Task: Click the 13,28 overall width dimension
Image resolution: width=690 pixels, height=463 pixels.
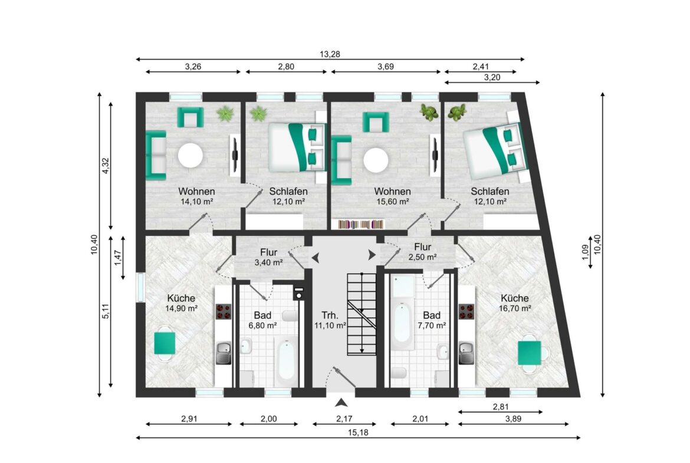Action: pyautogui.click(x=330, y=55)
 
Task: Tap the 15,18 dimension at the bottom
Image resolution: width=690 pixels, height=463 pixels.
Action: pyautogui.click(x=358, y=433)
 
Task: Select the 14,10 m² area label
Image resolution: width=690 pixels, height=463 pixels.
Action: pyautogui.click(x=197, y=202)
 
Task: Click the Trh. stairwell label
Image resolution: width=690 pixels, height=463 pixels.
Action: pyautogui.click(x=330, y=315)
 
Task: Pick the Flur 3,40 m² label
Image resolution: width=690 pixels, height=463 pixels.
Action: pyautogui.click(x=268, y=258)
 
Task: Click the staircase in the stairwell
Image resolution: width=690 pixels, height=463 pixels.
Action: pyautogui.click(x=362, y=314)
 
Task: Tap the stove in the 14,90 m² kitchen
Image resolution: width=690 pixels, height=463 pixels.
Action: pyautogui.click(x=224, y=311)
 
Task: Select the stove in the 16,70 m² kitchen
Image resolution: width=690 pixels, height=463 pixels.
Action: pyautogui.click(x=466, y=311)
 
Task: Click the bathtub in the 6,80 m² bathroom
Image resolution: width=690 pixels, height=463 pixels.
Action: pyautogui.click(x=286, y=361)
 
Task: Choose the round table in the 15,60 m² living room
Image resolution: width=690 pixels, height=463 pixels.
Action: pyautogui.click(x=376, y=160)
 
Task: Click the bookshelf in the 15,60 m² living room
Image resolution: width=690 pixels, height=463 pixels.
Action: pyautogui.click(x=361, y=225)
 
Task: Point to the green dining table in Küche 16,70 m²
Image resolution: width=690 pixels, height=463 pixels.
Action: pyautogui.click(x=530, y=353)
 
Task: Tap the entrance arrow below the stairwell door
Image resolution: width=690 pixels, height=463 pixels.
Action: pyautogui.click(x=341, y=402)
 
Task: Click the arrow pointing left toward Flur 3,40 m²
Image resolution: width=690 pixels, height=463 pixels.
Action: pyautogui.click(x=316, y=258)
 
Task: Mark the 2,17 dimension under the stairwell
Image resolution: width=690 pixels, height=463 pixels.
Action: pyautogui.click(x=344, y=419)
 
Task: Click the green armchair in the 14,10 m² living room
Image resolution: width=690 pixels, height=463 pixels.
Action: pyautogui.click(x=190, y=117)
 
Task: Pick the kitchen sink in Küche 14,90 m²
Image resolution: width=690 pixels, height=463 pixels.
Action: pyautogui.click(x=224, y=353)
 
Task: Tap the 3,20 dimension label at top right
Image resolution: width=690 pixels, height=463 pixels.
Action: pyautogui.click(x=492, y=77)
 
